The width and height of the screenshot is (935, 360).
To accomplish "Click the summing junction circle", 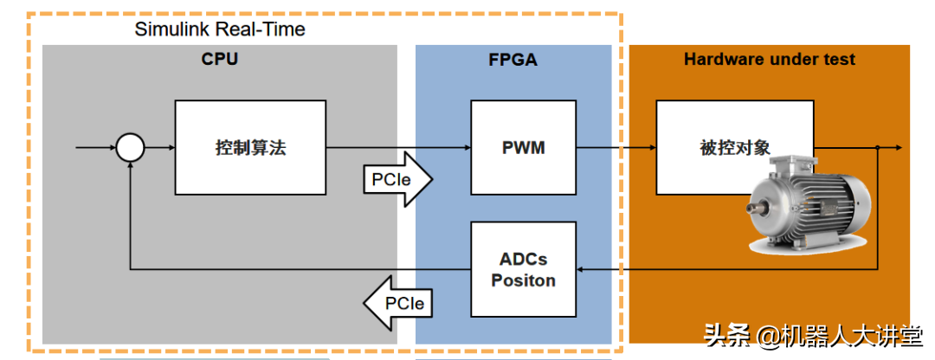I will [x=130, y=148].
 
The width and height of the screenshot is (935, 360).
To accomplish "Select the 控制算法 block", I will [x=250, y=147].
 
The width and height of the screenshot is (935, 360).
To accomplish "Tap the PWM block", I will [x=523, y=147].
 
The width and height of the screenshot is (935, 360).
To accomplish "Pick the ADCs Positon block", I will [x=523, y=269].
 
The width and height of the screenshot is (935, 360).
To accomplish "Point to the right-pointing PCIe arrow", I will [x=397, y=180].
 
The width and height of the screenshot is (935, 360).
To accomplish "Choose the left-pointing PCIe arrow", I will [x=397, y=304].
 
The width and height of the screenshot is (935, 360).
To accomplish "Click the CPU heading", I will [x=219, y=60].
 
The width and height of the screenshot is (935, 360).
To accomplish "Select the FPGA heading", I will [x=513, y=60].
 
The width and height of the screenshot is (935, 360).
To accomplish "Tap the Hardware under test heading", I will [x=769, y=60].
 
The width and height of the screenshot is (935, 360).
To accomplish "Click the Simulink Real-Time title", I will [x=220, y=29].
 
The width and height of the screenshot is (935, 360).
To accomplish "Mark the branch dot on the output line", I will [x=878, y=148].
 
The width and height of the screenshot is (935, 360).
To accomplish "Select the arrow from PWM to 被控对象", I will [x=616, y=148].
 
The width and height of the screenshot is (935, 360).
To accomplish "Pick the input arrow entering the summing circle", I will [x=95, y=148].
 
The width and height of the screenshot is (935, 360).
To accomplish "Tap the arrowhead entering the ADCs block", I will [x=582, y=269].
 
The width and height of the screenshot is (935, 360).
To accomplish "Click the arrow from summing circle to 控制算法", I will [x=159, y=148].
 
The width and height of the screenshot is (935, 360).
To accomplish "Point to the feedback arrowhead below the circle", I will [x=130, y=167].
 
